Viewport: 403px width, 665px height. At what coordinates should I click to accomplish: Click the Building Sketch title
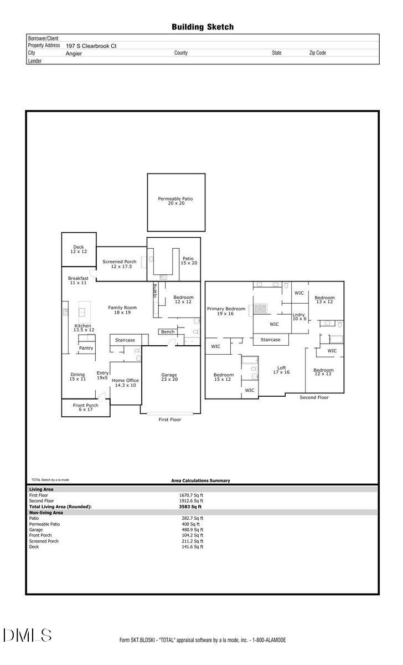tap(202, 27)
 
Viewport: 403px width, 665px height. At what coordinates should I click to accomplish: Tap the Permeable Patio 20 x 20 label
tap(175, 201)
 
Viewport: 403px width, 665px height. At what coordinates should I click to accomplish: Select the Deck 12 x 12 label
tap(78, 249)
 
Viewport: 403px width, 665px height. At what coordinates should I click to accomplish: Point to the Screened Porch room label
tap(120, 264)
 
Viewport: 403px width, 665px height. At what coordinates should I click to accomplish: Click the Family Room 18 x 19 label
tap(122, 310)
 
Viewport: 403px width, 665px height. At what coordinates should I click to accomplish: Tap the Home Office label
tap(125, 383)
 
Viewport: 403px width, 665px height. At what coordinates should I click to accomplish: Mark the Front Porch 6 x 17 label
tap(85, 408)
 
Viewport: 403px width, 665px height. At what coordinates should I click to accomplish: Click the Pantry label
tap(86, 348)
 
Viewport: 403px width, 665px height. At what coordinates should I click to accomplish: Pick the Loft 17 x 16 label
tap(281, 370)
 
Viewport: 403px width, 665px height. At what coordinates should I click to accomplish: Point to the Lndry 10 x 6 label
tap(299, 316)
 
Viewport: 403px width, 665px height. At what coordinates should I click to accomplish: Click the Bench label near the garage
tap(168, 332)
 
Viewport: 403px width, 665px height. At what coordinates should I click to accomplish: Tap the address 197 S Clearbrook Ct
tap(91, 46)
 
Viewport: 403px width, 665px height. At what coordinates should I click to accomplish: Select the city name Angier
tap(74, 54)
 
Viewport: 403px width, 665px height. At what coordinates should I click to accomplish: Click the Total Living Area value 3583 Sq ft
tap(190, 507)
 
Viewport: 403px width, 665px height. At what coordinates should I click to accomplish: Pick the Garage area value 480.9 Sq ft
tap(191, 530)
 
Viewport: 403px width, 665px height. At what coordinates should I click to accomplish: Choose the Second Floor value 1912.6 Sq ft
tap(191, 501)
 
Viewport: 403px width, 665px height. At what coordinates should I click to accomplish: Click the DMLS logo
tap(27, 636)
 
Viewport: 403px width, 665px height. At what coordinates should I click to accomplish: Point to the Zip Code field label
tap(317, 53)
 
